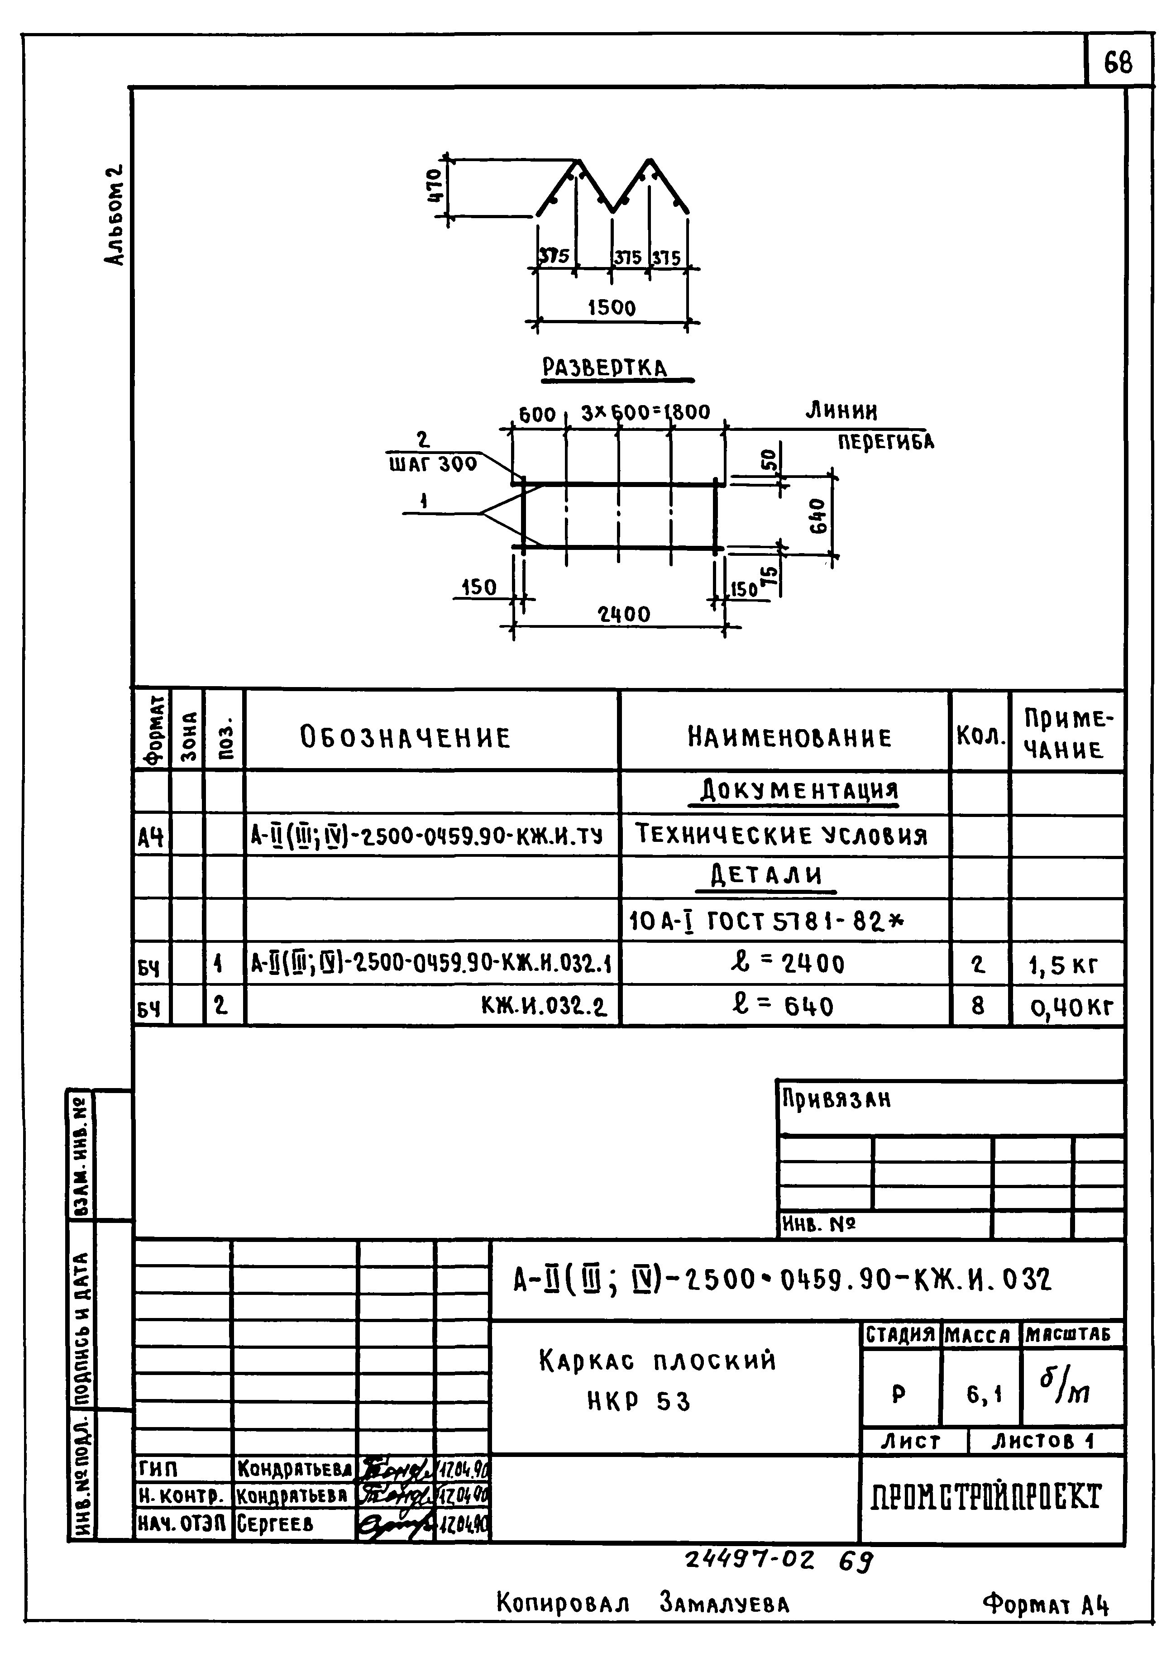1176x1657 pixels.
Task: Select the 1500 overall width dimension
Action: click(x=612, y=308)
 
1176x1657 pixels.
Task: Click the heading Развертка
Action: click(x=605, y=368)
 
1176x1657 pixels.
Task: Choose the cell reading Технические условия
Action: click(x=782, y=836)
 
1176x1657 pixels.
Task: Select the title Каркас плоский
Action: click(x=658, y=1361)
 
